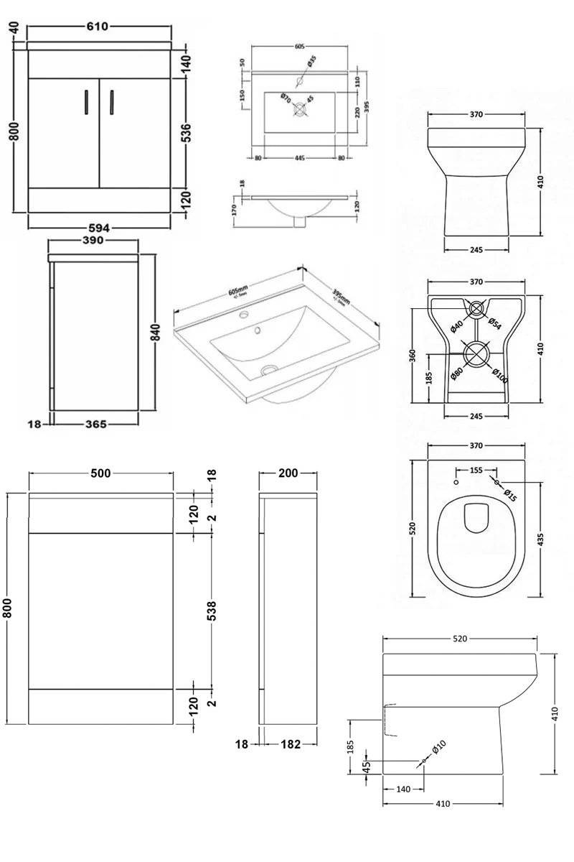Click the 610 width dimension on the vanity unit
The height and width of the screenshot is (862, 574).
tap(98, 27)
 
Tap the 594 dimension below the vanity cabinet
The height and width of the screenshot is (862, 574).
tap(99, 228)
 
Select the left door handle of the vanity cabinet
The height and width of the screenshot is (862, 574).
tap(86, 102)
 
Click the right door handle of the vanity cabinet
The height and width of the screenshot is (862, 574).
tap(111, 102)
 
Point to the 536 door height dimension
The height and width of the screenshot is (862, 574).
tap(187, 133)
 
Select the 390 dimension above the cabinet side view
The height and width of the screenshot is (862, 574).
tap(94, 240)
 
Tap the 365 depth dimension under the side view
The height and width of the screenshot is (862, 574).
tap(94, 425)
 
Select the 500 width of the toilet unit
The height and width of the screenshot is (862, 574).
tap(100, 473)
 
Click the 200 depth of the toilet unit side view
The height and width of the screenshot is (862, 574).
tap(287, 473)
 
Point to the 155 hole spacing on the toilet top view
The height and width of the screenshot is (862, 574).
tap(476, 471)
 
